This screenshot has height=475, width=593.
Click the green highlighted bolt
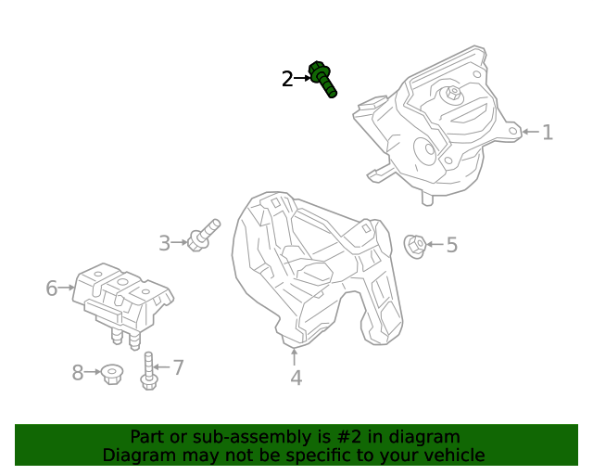tap(322, 79)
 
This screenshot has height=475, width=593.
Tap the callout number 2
tap(287, 79)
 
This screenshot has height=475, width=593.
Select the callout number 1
tap(548, 132)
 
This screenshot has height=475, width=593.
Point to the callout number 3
tap(165, 243)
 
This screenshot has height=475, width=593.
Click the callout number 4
tap(296, 378)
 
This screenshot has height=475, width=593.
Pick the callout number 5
tap(452, 245)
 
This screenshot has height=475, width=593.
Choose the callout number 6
tap(52, 289)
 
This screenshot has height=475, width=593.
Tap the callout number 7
tap(178, 367)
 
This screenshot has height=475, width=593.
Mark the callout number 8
tap(78, 373)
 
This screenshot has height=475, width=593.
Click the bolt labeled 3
tap(204, 236)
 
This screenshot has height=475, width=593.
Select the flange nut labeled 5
tap(415, 247)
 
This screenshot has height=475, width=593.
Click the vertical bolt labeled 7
tap(148, 371)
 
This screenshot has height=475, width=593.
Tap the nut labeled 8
tap(112, 374)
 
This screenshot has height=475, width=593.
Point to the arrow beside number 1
tap(531, 132)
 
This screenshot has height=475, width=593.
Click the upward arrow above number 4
tap(295, 357)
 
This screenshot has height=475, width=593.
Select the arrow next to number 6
tap(67, 288)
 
